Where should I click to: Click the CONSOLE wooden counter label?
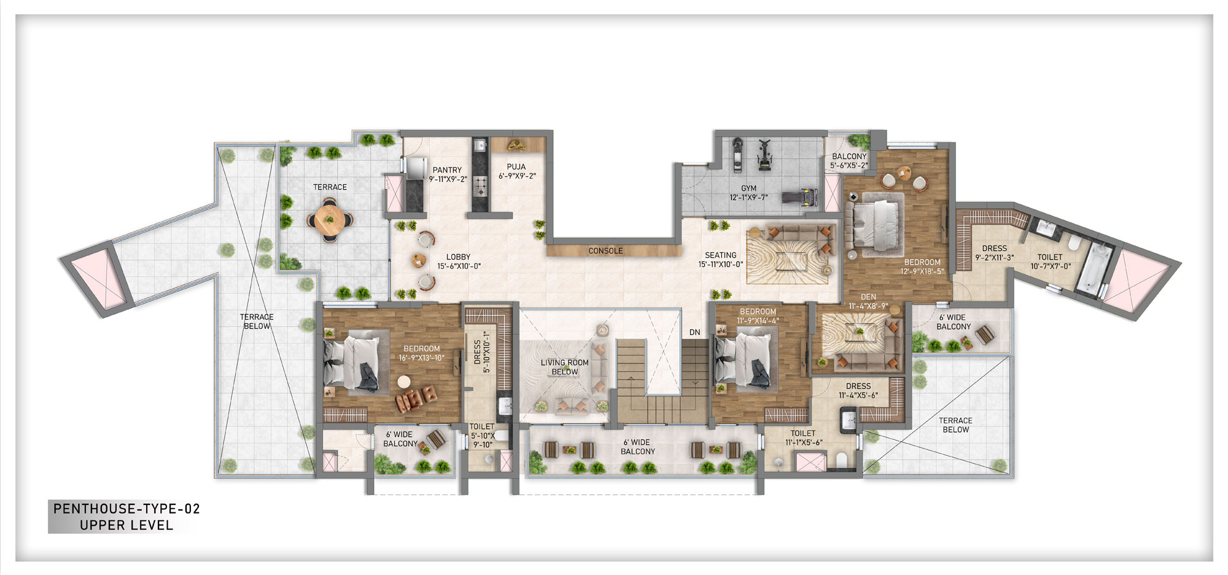[x=605, y=251]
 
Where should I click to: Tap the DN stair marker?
[x=694, y=332]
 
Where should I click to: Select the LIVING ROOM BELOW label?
[x=564, y=367]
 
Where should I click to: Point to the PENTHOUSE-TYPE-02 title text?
[x=126, y=509]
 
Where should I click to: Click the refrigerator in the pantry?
[x=416, y=168]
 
